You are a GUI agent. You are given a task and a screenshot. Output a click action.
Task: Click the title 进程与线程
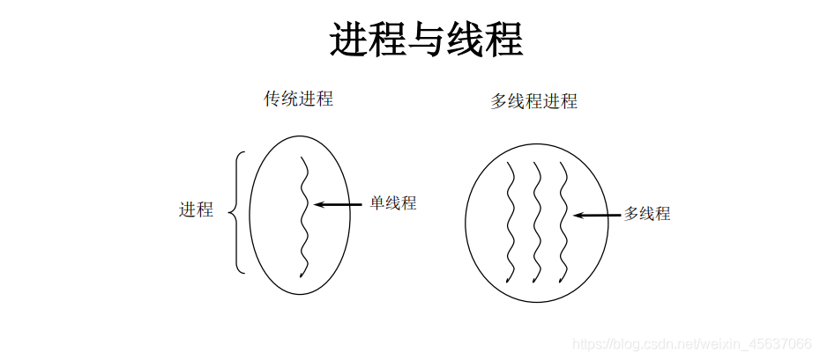(427, 40)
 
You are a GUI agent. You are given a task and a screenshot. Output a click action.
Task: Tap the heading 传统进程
(299, 99)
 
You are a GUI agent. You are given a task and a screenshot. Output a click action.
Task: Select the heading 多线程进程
(533, 101)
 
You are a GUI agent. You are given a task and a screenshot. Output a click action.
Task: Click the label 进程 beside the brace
(196, 209)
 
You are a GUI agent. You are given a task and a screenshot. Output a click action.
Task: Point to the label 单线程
(392, 203)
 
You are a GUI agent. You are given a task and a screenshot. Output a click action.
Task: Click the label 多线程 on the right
(647, 213)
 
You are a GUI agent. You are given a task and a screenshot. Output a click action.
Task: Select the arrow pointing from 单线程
(339, 204)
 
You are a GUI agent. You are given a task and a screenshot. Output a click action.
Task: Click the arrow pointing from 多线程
(597, 214)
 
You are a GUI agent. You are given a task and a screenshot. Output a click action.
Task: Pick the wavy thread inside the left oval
(303, 216)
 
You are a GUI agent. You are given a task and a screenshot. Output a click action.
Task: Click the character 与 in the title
(427, 40)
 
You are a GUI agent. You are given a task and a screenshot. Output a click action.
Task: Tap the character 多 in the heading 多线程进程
(499, 101)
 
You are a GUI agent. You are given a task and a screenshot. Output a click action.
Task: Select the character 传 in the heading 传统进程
(273, 99)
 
